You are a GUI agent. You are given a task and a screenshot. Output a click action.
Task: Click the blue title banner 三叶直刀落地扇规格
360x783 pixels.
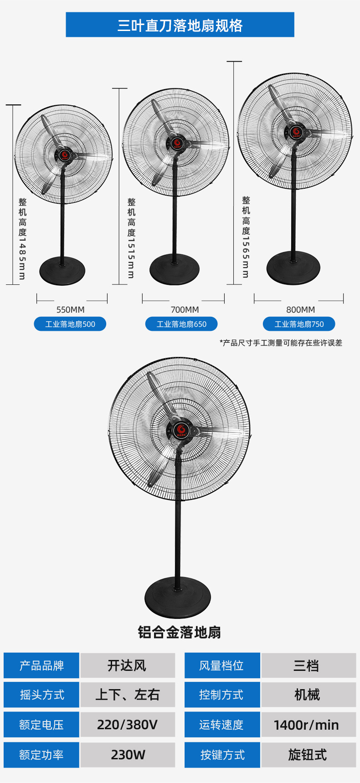coord(180,25)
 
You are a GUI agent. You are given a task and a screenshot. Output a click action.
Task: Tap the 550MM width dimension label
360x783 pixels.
coord(71,309)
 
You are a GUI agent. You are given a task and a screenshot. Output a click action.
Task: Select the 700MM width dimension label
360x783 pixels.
coord(185,309)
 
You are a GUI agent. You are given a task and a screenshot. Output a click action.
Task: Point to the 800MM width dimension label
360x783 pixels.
coord(300,309)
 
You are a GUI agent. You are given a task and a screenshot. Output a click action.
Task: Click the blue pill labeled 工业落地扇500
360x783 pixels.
coord(70,324)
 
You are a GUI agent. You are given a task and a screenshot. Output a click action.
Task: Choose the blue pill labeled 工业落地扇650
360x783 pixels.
coord(181,324)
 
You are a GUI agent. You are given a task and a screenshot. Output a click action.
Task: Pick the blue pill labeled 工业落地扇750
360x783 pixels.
coord(299,324)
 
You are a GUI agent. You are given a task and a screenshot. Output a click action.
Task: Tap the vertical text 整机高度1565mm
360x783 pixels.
coord(246,237)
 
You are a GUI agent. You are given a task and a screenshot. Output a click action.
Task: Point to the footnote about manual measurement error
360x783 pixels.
coord(281,343)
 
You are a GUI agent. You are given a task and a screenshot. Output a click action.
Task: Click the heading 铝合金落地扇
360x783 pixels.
coord(180,632)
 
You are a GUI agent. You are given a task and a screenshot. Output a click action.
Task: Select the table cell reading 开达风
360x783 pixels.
coord(128,665)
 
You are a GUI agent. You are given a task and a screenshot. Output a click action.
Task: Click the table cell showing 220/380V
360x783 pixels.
coord(128,725)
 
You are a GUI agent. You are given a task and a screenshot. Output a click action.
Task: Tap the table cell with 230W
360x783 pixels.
coord(128,755)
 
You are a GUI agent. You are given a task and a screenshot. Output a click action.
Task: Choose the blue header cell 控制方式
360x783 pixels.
coord(222,695)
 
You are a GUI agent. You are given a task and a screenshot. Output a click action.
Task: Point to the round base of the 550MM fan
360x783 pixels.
coord(62,271)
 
